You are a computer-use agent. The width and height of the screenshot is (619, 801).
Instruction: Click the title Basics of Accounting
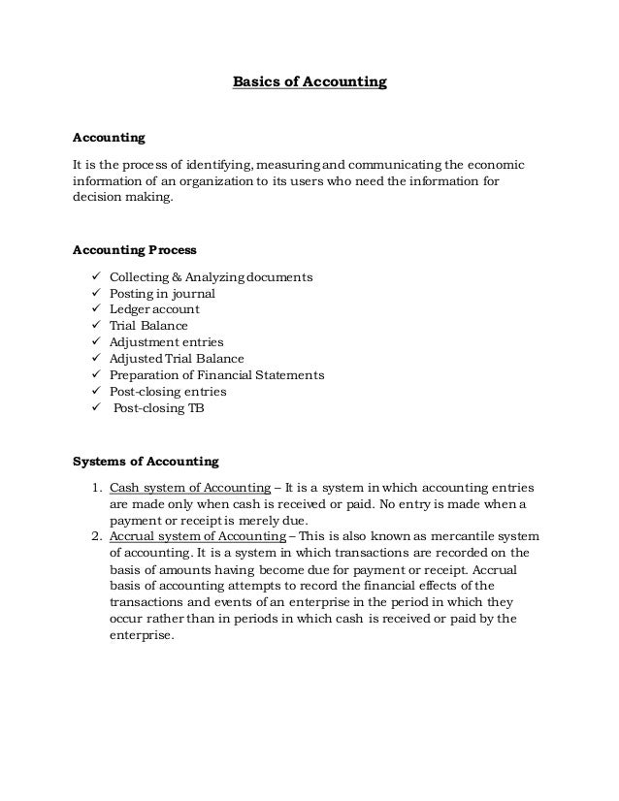309,82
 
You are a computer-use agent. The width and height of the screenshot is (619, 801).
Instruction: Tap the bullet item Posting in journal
162,293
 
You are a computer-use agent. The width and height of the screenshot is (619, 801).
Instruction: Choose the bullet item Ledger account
155,309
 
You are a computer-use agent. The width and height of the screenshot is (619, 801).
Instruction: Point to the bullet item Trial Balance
148,326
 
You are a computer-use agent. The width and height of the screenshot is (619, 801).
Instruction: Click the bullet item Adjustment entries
166,342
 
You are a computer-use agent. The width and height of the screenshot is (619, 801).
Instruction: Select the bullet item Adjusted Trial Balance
177,359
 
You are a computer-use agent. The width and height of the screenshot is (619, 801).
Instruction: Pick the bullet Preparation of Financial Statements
216,375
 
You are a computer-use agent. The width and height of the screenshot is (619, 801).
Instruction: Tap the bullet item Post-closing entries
168,392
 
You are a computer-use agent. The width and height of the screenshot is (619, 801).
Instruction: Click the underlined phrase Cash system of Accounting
190,487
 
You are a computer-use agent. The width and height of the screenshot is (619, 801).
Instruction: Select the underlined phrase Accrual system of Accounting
198,536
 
